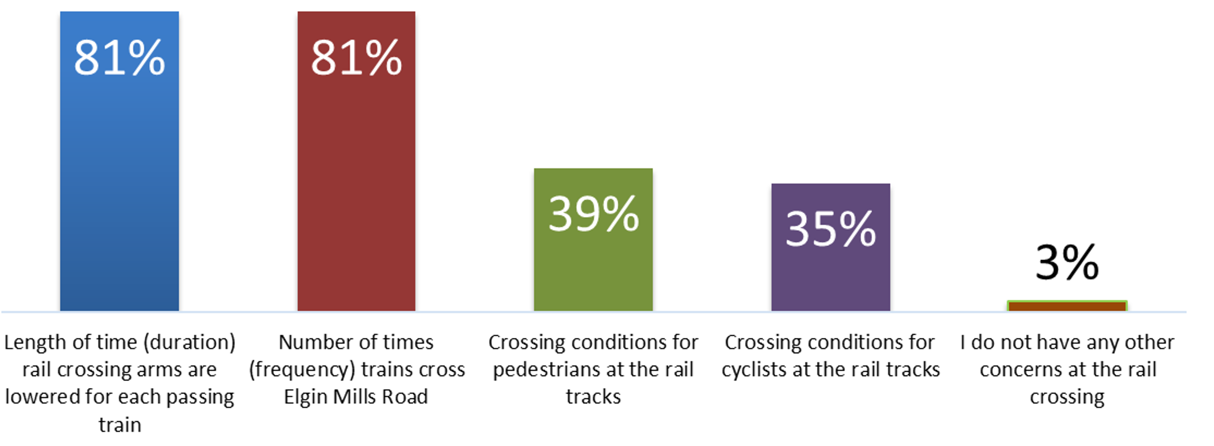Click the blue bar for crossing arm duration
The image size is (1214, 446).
pyautogui.click(x=119, y=188)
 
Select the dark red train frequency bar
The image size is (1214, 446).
pyautogui.click(x=356, y=188)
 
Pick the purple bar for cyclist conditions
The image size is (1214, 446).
pyautogui.click(x=830, y=278)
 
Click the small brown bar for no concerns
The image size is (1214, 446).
pyautogui.click(x=1067, y=306)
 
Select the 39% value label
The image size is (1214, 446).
pyautogui.click(x=593, y=214)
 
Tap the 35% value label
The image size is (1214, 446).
pyautogui.click(x=830, y=229)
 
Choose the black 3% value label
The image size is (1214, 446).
pyautogui.click(x=1067, y=262)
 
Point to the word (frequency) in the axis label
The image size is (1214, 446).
pyautogui.click(x=302, y=370)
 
